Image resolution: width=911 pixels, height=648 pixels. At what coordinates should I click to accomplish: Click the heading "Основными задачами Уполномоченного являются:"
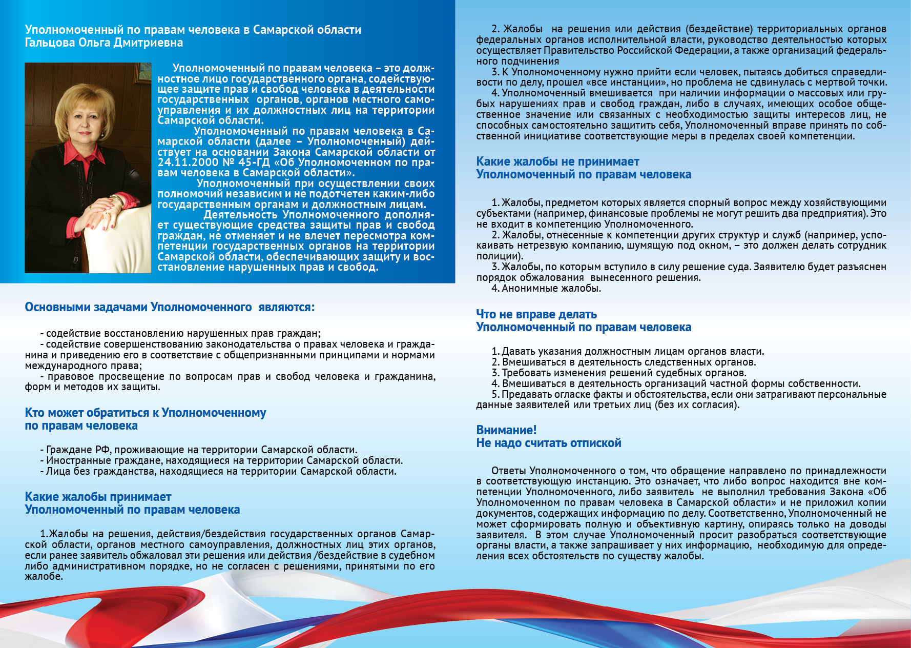pyautogui.click(x=170, y=308)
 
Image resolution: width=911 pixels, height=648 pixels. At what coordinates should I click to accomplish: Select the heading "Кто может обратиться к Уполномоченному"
pyautogui.click(x=146, y=413)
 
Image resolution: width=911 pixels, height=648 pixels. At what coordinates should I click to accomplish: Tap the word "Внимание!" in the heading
pyautogui.click(x=506, y=430)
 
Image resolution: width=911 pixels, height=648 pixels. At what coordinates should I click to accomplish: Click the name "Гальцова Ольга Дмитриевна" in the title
pyautogui.click(x=104, y=43)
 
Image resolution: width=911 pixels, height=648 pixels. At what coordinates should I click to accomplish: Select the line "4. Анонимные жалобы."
pyautogui.click(x=546, y=289)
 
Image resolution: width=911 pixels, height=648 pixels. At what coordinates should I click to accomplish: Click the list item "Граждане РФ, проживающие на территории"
pyautogui.click(x=201, y=450)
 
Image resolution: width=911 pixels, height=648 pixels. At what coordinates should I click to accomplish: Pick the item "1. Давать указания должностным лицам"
pyautogui.click(x=628, y=351)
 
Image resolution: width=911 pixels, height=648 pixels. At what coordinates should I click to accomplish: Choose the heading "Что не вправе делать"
pyautogui.click(x=536, y=314)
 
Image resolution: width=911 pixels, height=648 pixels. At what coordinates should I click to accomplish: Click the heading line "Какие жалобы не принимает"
pyautogui.click(x=557, y=161)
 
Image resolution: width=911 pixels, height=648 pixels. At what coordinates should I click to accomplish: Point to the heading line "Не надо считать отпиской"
pyautogui.click(x=548, y=443)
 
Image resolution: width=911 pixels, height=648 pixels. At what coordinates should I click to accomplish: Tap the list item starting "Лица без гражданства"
pyautogui.click(x=221, y=471)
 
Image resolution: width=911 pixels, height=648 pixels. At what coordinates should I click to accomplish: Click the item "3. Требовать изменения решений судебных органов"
pyautogui.click(x=619, y=373)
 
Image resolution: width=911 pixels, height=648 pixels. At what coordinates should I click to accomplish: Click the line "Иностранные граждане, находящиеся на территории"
pyautogui.click(x=224, y=460)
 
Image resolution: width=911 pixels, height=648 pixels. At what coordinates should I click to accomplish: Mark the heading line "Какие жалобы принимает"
pyautogui.click(x=98, y=497)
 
